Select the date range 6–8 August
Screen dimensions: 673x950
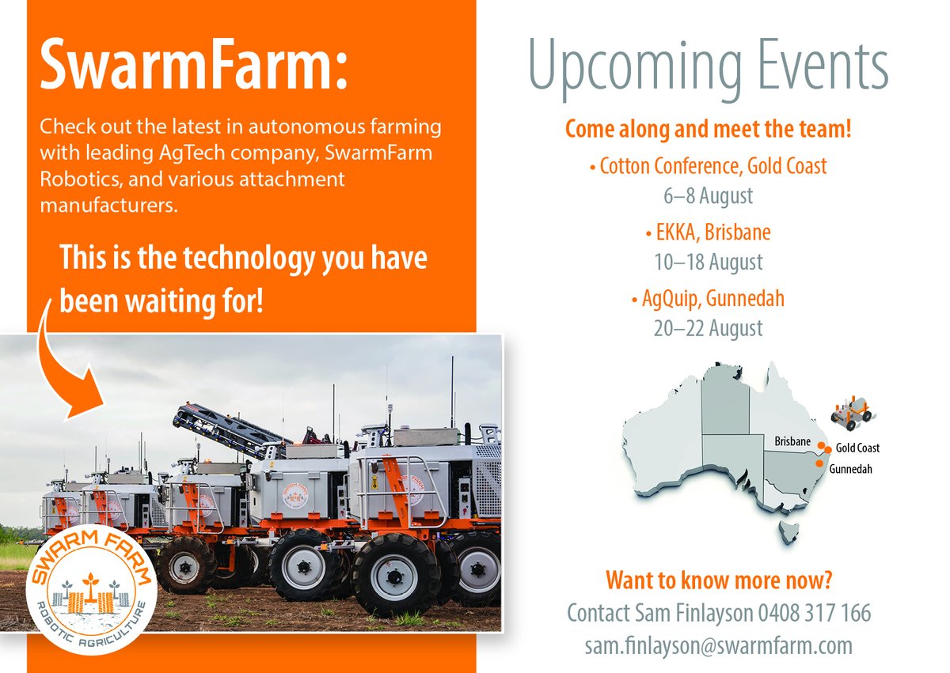709,195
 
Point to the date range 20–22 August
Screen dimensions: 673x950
709,327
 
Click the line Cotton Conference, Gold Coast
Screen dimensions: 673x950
709,167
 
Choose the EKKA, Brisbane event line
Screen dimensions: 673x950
709,233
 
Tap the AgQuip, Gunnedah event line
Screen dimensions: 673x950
709,300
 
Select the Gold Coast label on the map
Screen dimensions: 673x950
857,448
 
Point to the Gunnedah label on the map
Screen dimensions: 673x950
851,469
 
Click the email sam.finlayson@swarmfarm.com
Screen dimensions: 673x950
719,645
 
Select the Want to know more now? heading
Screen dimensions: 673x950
719,580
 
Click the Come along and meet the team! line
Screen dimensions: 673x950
709,130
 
